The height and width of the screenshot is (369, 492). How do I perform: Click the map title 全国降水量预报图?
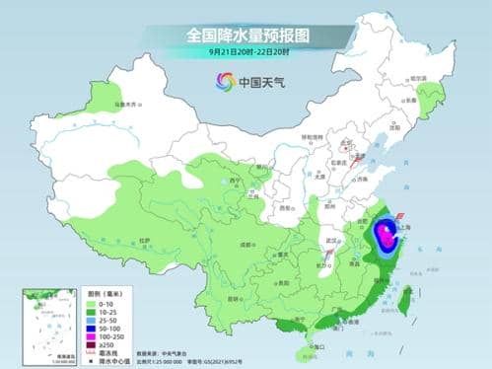point(246,35)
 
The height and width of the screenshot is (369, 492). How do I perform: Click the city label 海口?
point(316,346)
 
